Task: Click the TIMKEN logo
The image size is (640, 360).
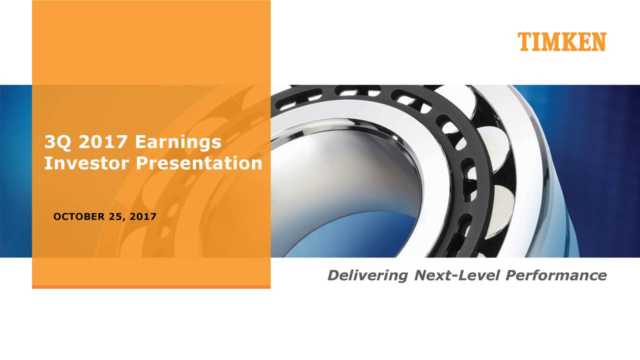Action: coord(561,42)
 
